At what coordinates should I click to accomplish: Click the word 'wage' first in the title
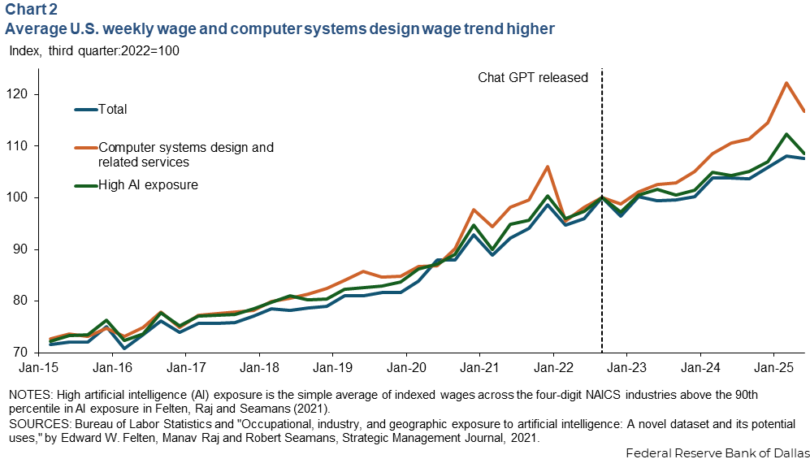(166, 29)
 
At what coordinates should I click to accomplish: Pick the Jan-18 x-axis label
(258, 368)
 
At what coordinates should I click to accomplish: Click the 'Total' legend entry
(113, 109)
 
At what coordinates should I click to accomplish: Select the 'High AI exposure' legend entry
(148, 184)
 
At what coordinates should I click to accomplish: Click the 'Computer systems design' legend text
(185, 147)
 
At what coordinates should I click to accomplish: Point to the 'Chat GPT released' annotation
(532, 78)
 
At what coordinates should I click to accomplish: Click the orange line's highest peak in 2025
(786, 83)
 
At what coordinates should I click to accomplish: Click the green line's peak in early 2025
(786, 134)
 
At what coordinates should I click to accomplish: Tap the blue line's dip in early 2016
(124, 349)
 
